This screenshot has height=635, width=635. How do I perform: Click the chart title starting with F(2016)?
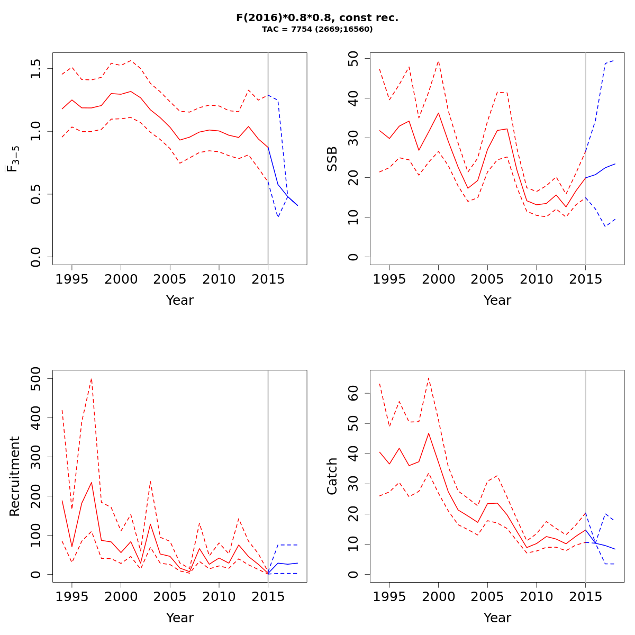[317, 18]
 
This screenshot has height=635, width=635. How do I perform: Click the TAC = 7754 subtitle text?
[317, 30]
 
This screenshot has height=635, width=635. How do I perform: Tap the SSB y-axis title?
[332, 159]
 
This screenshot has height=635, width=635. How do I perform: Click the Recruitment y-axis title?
[14, 476]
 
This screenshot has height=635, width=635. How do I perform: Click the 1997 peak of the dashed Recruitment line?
[92, 378]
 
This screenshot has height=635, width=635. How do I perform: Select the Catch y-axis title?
[332, 476]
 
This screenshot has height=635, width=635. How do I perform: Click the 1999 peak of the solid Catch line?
[429, 433]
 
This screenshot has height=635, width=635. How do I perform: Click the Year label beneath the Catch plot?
[497, 618]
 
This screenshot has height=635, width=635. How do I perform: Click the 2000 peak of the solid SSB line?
[438, 113]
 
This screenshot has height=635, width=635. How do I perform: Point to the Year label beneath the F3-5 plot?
[179, 300]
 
